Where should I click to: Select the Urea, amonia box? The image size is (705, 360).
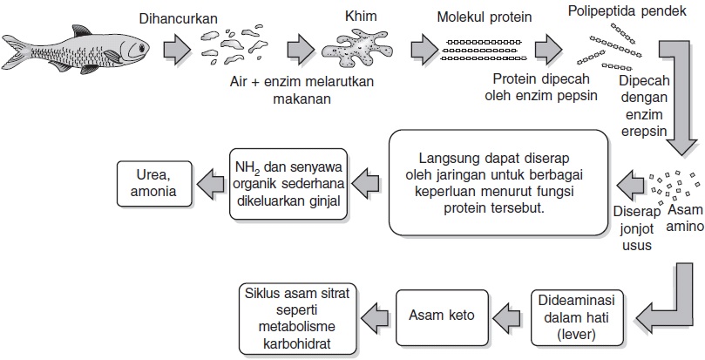coord(153,182)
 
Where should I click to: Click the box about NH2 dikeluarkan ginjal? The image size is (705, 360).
coord(288,182)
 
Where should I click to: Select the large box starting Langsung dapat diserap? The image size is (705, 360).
coord(498,183)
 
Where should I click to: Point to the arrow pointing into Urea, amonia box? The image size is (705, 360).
coord(208,182)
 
